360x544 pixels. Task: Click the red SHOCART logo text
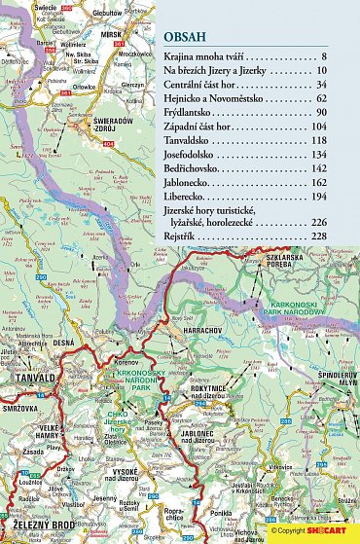321,531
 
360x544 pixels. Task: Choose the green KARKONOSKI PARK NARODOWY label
316,292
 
